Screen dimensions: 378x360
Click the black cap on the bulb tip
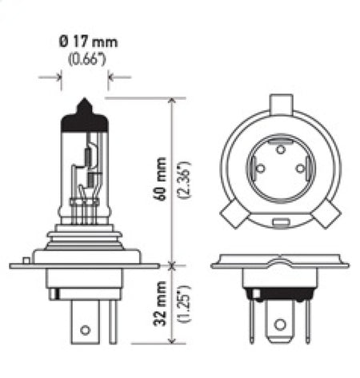85,108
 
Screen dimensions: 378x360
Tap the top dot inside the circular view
279,149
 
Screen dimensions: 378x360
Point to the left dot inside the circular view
259,167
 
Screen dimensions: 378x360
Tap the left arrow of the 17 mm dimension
56,77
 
